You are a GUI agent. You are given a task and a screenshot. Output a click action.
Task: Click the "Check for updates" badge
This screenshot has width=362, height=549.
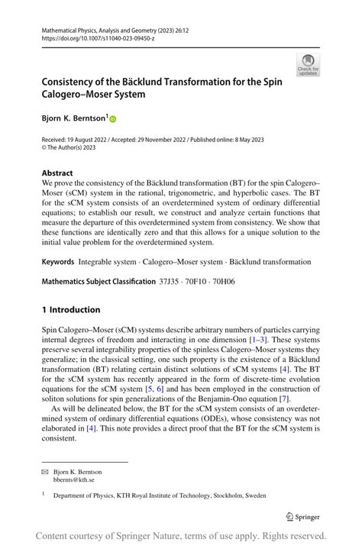308,65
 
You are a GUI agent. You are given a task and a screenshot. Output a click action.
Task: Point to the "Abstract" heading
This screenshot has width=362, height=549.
58,173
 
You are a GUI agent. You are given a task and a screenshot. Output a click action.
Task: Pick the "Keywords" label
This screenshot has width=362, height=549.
58,261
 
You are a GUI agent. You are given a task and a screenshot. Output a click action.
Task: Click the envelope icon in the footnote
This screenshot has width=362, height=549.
46,472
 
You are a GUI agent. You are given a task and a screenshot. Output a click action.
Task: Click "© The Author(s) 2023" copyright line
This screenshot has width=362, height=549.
76,150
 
